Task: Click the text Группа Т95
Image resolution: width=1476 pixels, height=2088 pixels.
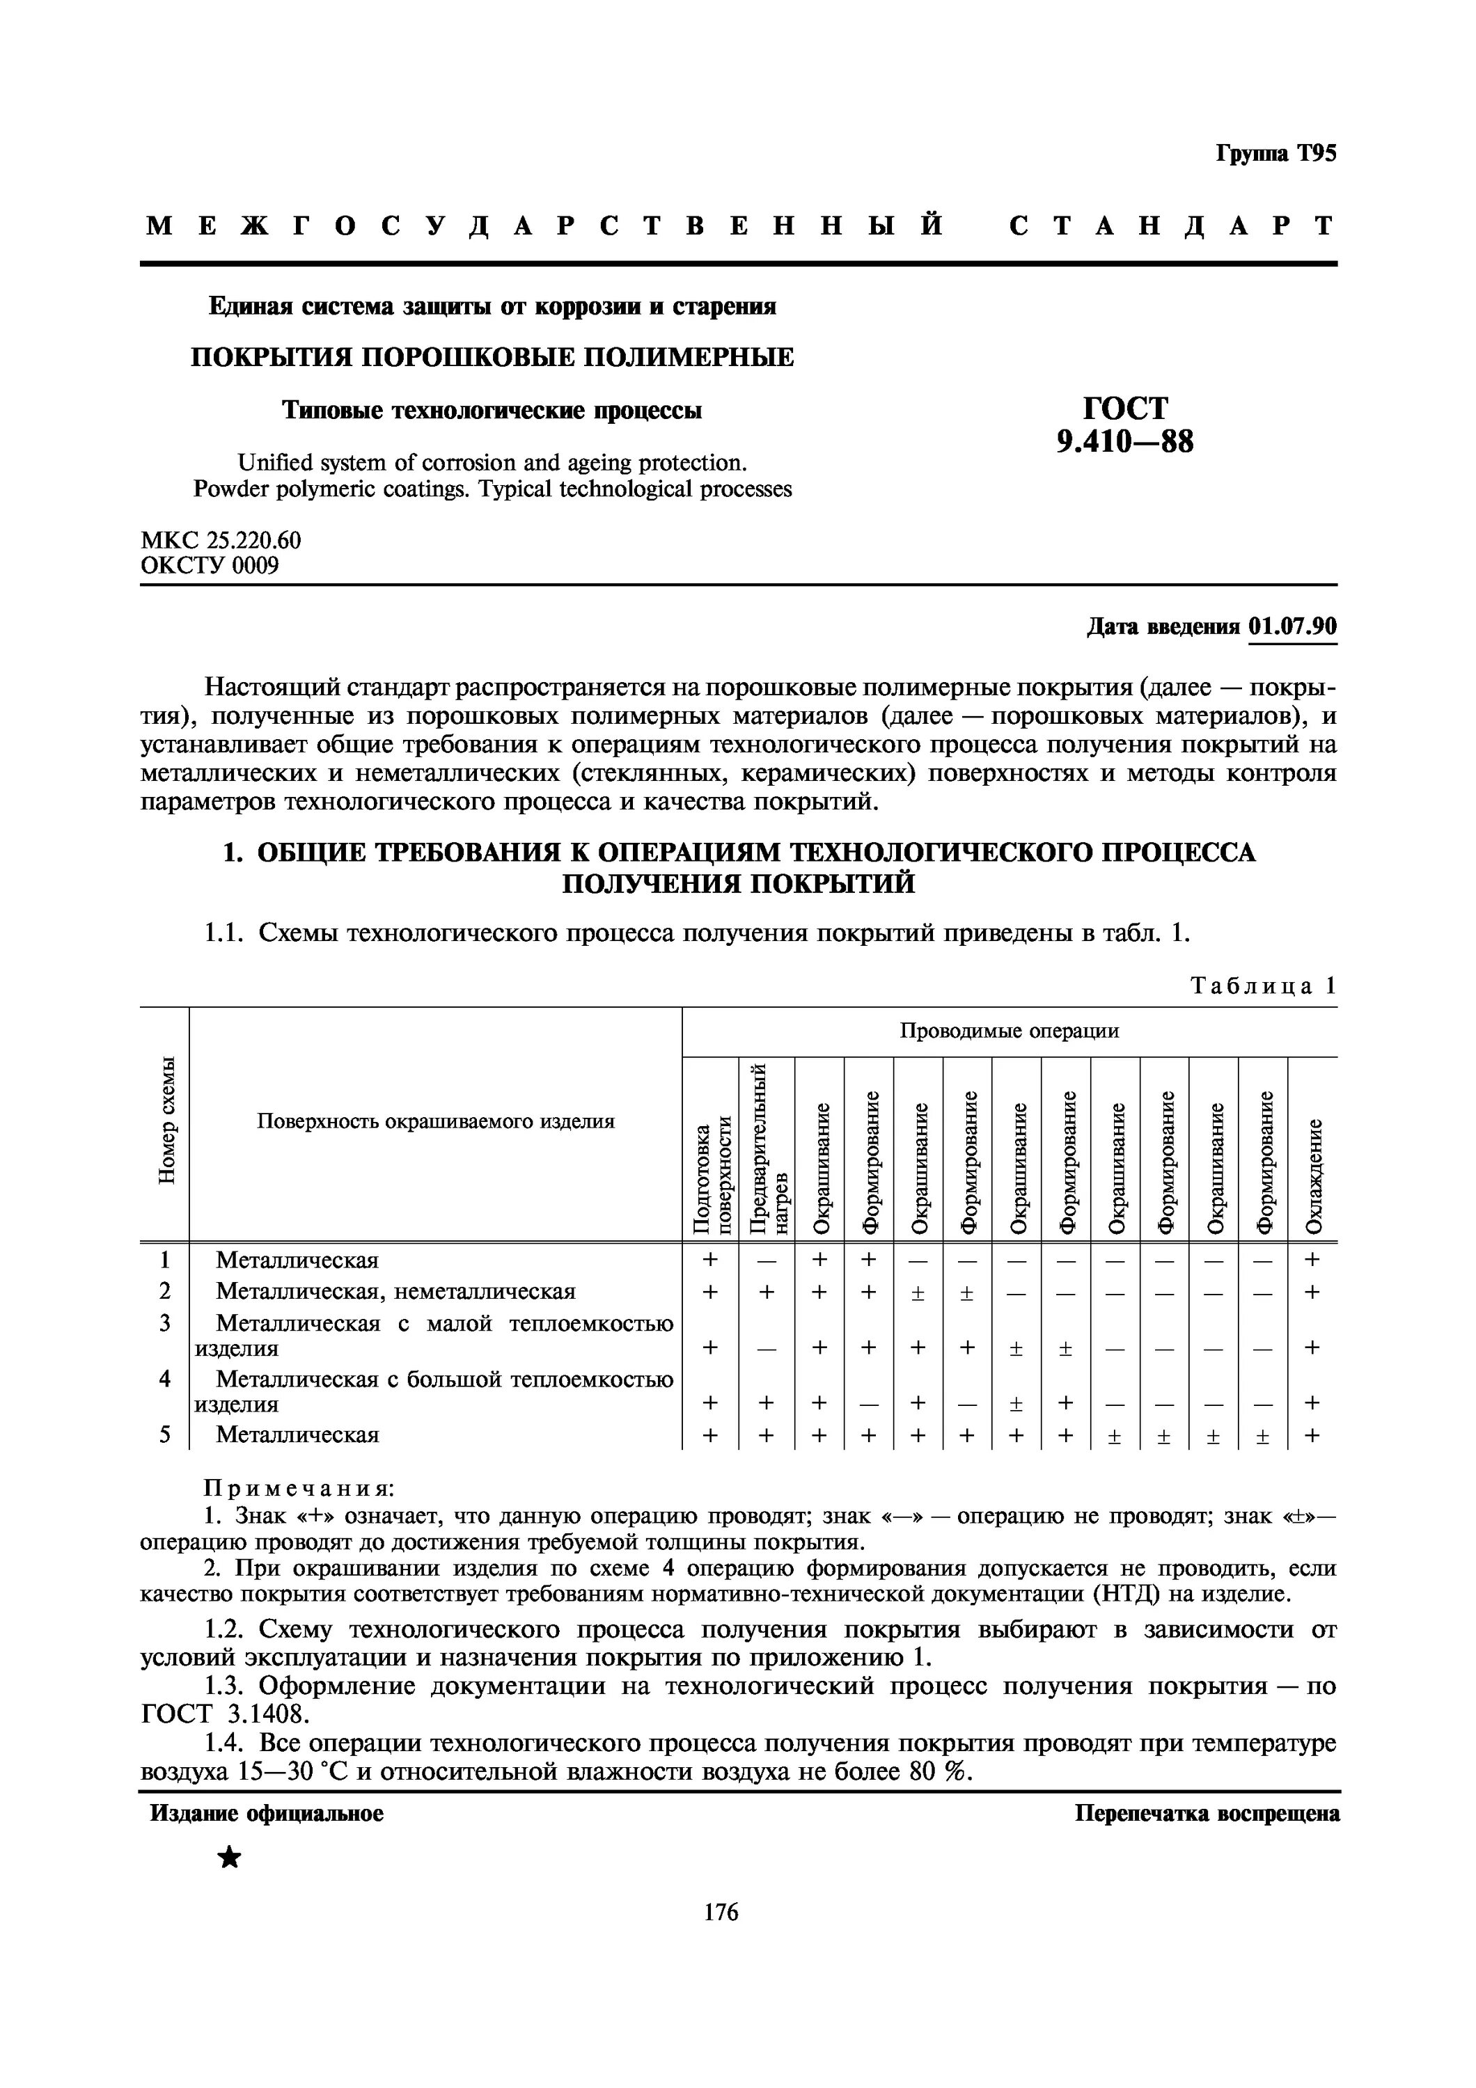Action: pyautogui.click(x=1276, y=154)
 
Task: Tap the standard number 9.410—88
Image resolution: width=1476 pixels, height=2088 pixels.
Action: pyautogui.click(x=1125, y=442)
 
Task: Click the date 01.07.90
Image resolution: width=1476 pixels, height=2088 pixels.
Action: pyautogui.click(x=1292, y=628)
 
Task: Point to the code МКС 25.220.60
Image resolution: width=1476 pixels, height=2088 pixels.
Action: pyautogui.click(x=221, y=540)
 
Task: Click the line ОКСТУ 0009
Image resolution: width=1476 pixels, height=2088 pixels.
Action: pyautogui.click(x=210, y=566)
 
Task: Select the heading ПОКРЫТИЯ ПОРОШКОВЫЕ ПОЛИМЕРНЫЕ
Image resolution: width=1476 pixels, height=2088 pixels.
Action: pyautogui.click(x=492, y=358)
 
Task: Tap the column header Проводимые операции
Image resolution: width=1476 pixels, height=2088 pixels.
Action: pyautogui.click(x=1010, y=1030)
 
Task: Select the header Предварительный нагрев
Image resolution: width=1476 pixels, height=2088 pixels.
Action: pyautogui.click(x=766, y=1148)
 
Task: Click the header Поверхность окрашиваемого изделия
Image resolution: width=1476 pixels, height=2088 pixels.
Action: pyautogui.click(x=436, y=1121)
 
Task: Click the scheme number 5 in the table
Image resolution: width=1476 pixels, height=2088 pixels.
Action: pyautogui.click(x=164, y=1434)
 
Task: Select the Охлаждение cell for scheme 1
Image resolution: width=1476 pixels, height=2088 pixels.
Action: pyautogui.click(x=1312, y=1260)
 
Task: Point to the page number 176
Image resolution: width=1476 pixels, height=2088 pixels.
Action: pyautogui.click(x=721, y=1913)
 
